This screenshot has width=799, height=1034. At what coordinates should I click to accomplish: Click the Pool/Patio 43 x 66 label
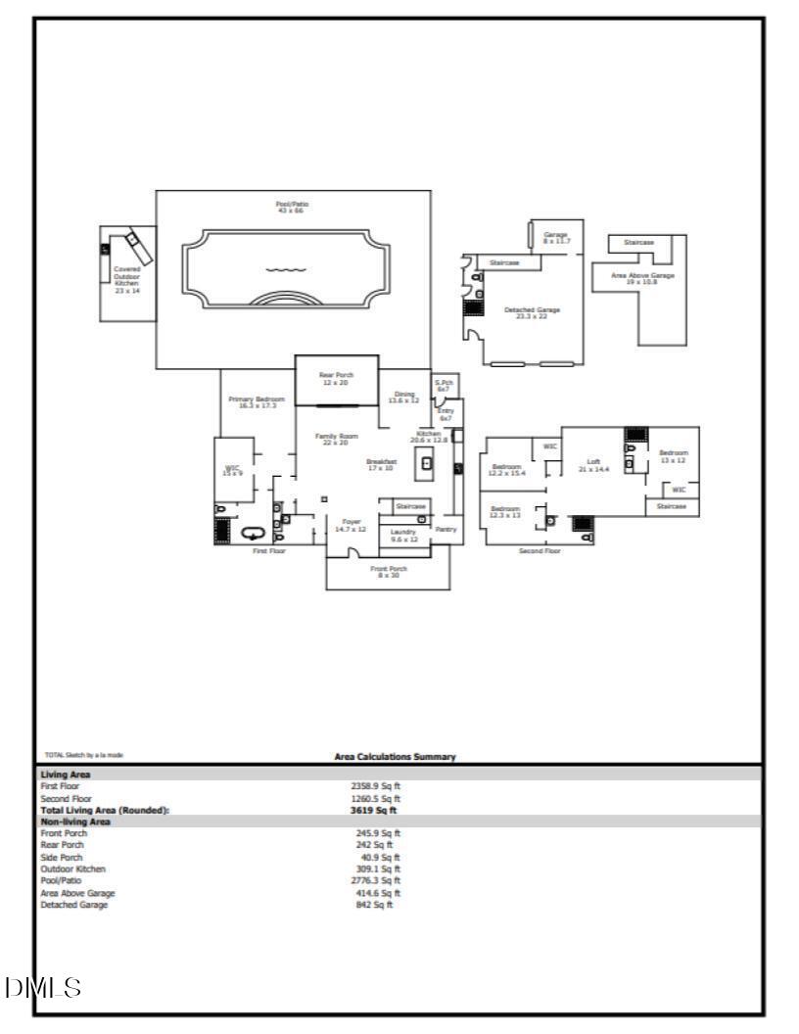(x=293, y=207)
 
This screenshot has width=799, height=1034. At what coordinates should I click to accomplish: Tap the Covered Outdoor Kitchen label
(x=127, y=279)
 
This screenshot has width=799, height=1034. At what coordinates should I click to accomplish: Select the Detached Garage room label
(x=532, y=312)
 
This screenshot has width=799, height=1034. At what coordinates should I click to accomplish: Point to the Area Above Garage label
(x=642, y=279)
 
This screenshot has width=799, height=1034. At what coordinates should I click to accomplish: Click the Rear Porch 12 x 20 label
(x=336, y=378)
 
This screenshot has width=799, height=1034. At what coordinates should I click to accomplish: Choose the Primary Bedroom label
(x=256, y=402)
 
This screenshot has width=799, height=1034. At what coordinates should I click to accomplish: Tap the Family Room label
(x=336, y=439)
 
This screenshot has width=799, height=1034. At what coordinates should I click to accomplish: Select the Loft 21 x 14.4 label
(x=593, y=465)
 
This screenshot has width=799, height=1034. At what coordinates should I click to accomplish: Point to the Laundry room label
(x=403, y=535)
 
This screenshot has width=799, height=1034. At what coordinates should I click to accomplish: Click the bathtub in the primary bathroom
(x=254, y=534)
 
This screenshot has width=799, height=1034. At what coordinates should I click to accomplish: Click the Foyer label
(x=351, y=525)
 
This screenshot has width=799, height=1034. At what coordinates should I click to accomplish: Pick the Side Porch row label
(x=61, y=857)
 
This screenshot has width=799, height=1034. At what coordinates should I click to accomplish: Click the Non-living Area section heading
(x=75, y=822)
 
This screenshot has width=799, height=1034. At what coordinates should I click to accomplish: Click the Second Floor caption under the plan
(x=540, y=551)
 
